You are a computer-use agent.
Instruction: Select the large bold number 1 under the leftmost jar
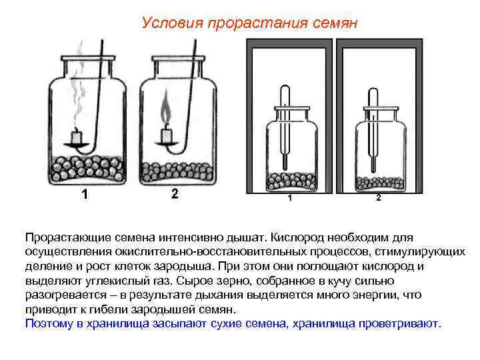tap(85, 194)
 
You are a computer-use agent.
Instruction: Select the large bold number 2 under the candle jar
tap(174, 194)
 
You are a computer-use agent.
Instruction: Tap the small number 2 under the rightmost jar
tap(378, 198)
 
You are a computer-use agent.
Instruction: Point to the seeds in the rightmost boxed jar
tap(378, 182)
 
